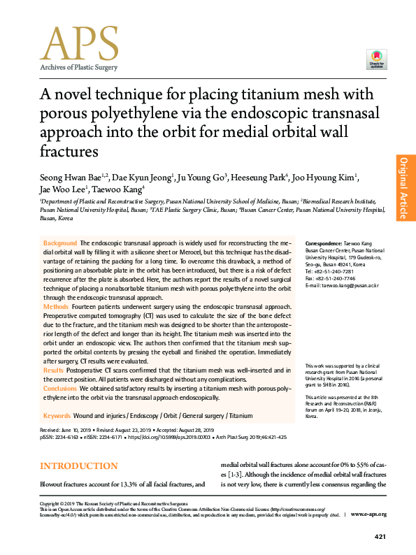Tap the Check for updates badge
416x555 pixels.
click(x=376, y=59)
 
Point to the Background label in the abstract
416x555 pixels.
click(x=60, y=241)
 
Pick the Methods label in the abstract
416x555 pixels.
click(x=56, y=307)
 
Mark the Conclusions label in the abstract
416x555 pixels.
click(x=60, y=387)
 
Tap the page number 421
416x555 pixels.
click(x=380, y=536)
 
